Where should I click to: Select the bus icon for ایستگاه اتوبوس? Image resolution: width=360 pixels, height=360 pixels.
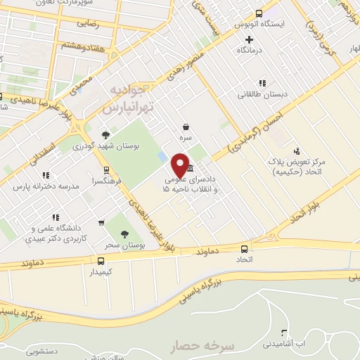(259, 13)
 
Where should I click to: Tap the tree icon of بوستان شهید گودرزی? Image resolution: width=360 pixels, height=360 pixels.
(105, 134)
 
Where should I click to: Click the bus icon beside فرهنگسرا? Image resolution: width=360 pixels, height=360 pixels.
(106, 169)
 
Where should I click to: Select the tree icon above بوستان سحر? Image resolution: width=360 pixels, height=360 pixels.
(125, 234)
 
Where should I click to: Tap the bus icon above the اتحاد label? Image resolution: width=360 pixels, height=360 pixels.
(244, 249)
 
